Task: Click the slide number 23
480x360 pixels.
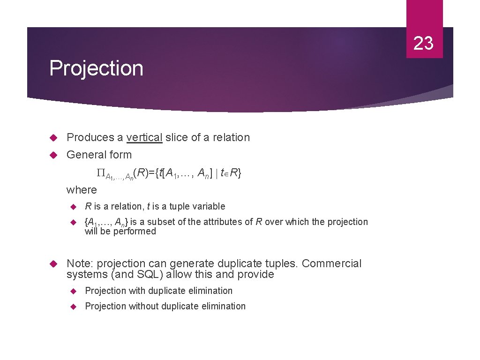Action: click(x=424, y=43)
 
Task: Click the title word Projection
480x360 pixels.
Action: click(x=96, y=68)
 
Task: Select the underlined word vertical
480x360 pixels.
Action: click(x=144, y=137)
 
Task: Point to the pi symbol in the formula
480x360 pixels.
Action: click(x=100, y=173)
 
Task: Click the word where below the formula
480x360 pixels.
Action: click(x=82, y=190)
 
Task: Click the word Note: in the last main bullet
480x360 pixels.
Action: click(x=80, y=264)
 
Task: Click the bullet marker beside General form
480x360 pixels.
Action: click(x=53, y=155)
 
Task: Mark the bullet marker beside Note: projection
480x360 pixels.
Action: click(x=53, y=264)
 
